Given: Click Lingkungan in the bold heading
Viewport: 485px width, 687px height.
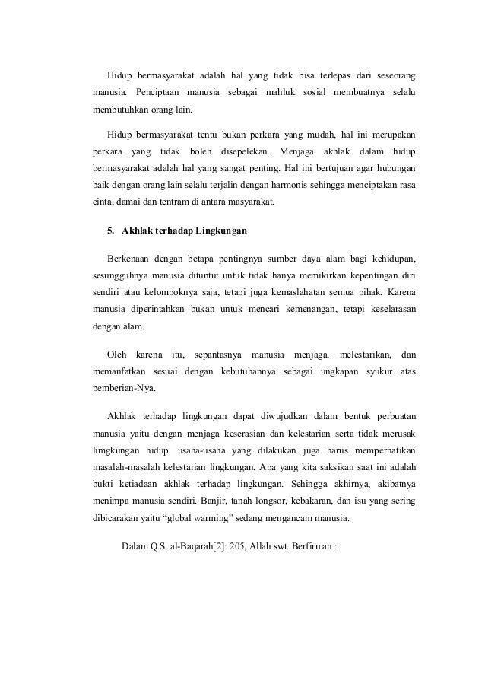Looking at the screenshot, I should [218, 230].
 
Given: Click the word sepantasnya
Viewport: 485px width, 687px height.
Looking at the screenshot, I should [220, 355].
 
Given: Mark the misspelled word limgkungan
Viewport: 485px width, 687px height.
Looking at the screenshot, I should [116, 453].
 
